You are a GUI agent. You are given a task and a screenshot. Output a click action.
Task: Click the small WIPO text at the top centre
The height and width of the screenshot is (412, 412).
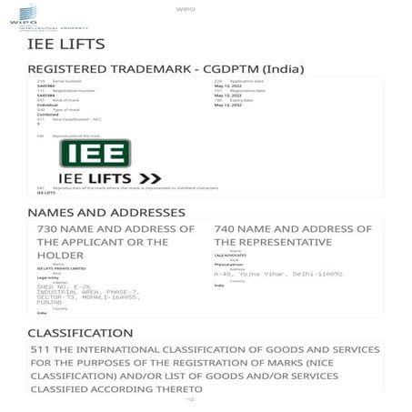(206, 9)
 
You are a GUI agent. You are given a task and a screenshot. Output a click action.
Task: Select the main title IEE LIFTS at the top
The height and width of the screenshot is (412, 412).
(66, 44)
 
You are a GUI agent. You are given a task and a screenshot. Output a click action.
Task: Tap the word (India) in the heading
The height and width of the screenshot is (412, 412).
(283, 70)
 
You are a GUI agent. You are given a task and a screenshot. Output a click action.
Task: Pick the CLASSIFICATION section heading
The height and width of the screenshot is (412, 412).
(80, 334)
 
